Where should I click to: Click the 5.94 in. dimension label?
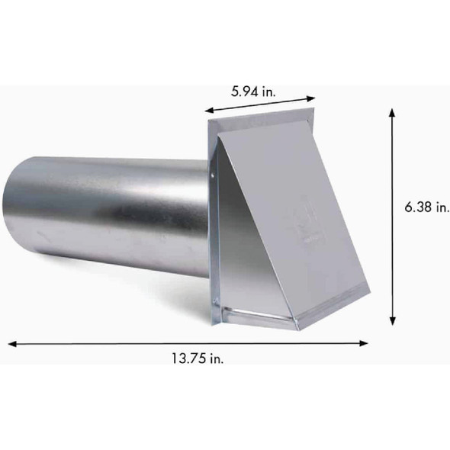click(x=253, y=90)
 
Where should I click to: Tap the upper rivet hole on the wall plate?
click(x=212, y=178)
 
